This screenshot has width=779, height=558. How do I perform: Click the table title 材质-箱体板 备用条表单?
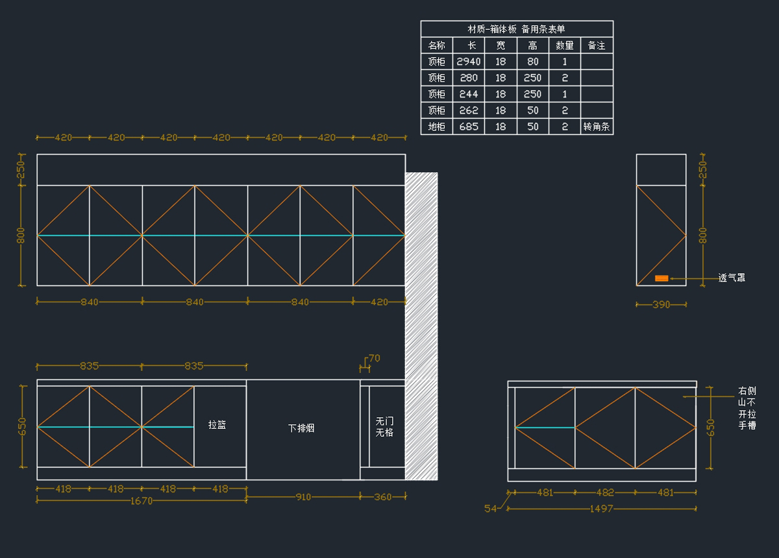(517, 29)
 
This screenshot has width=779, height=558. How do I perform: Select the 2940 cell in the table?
(469, 62)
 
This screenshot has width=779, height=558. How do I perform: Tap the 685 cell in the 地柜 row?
(469, 127)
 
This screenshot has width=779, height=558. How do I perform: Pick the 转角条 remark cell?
(597, 127)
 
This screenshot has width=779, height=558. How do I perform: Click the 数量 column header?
(565, 45)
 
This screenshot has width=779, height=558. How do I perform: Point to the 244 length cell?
(469, 94)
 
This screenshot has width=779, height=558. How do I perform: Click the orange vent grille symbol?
(662, 278)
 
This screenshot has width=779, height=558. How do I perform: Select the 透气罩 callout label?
(732, 278)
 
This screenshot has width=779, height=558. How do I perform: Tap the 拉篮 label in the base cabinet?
(217, 425)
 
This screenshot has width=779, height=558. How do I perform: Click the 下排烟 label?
(301, 428)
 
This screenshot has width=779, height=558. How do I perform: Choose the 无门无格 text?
(384, 426)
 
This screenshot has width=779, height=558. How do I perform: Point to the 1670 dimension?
(142, 501)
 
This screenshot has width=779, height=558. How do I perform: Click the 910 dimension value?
(303, 497)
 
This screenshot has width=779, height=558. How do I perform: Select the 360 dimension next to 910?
(383, 497)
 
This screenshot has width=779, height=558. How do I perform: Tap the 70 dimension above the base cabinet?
(374, 358)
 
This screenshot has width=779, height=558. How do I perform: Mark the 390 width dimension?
(661, 304)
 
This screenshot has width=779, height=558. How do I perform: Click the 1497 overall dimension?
(602, 509)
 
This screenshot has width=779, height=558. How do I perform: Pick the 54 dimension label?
(491, 509)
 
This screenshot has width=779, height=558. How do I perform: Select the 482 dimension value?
(605, 492)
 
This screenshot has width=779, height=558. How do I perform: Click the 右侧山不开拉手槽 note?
(747, 408)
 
